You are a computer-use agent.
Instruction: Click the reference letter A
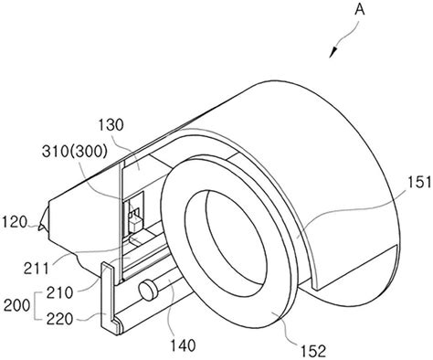pos(359,10)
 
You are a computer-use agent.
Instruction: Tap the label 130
pos(111,125)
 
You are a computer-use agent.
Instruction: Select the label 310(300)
pos(75,152)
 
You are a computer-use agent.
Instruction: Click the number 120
pos(15,222)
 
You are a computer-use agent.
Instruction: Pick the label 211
pos(37,269)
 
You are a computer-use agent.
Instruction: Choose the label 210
pos(59,293)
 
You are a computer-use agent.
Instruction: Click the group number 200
pos(16,305)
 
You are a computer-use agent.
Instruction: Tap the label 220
pos(59,319)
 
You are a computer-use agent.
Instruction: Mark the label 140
pos(183,345)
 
